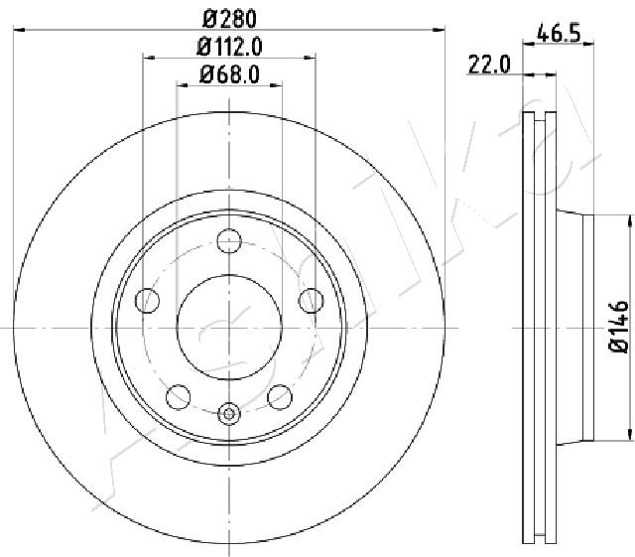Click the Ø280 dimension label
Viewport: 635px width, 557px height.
[x=229, y=19]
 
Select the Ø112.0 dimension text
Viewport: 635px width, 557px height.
[x=229, y=47]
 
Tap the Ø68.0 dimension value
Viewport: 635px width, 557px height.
[x=229, y=74]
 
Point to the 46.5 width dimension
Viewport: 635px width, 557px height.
[x=559, y=33]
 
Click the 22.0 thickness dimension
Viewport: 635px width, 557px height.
[x=489, y=65]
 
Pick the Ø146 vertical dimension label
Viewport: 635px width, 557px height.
[x=619, y=327]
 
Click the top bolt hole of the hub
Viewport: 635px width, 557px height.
[x=229, y=241]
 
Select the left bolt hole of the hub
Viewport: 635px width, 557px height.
[x=148, y=301]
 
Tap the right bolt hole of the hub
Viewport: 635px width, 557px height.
[x=311, y=301]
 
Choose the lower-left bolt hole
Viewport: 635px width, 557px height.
[x=179, y=396]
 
